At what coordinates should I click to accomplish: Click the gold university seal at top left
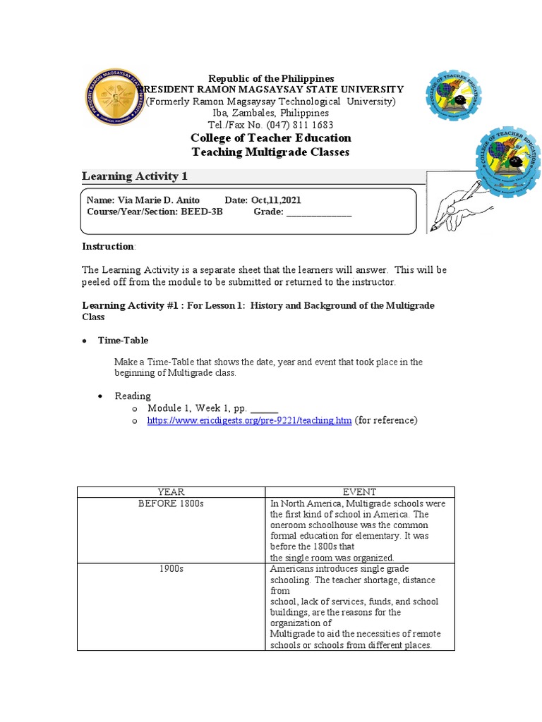pos(114,98)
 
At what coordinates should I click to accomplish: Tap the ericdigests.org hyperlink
pos(248,421)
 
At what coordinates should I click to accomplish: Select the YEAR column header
pos(170,492)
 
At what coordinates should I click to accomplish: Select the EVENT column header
pos(359,492)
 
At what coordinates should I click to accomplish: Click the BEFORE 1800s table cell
pos(170,504)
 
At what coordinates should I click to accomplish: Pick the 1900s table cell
pos(170,569)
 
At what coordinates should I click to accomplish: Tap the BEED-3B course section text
pos(201,212)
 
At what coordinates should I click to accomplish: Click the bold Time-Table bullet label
pos(123,341)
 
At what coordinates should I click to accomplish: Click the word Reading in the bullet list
pos(133,396)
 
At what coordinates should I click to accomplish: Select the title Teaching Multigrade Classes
pos(271,152)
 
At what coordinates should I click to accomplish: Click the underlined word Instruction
pos(108,246)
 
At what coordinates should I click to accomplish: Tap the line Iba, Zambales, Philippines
pos(271,113)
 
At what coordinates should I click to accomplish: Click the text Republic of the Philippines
pos(271,78)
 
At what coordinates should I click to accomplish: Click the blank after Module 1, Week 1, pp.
pos(265,409)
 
